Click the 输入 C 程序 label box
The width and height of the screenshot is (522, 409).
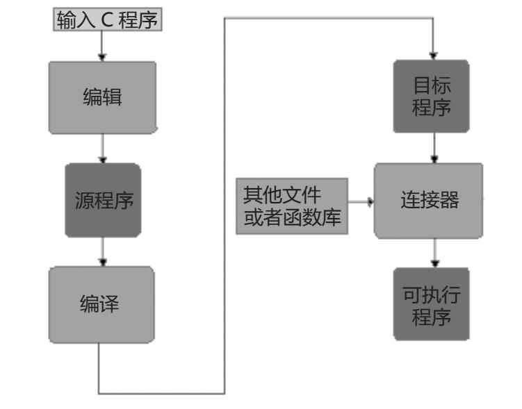108,21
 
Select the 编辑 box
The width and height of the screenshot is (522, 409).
102,97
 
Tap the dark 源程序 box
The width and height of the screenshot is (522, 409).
103,201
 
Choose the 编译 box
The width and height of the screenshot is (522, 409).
102,303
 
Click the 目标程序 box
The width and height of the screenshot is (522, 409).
431,97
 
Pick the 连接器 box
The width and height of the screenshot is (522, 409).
429,201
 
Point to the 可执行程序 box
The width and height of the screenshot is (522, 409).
431,304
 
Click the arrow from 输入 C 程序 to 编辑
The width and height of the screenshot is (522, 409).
102,46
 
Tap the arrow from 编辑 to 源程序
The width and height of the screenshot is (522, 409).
103,148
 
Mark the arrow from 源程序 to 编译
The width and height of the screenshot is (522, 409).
103,251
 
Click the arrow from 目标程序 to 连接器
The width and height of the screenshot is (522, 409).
434,148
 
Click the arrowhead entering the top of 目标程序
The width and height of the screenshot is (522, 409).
434,55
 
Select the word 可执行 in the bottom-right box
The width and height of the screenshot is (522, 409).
431,294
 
